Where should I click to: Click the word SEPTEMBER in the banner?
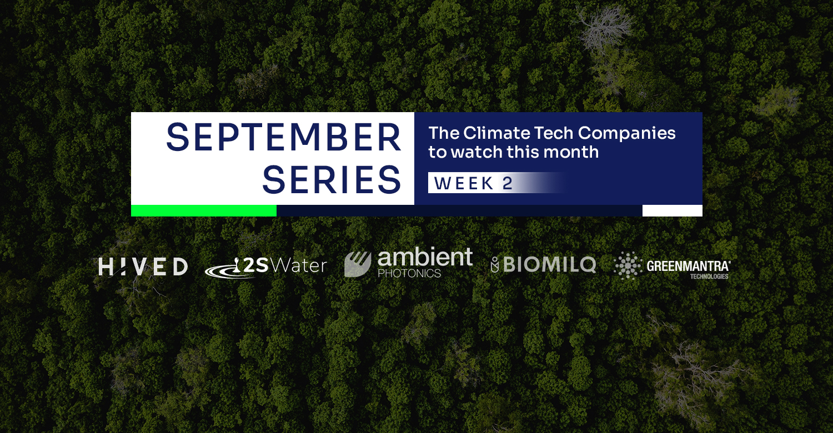click(x=284, y=138)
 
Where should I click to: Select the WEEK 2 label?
click(x=473, y=183)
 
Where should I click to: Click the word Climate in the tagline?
click(x=496, y=133)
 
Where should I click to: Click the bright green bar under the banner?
click(x=204, y=211)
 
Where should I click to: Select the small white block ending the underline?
click(x=673, y=211)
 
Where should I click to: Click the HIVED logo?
click(x=143, y=266)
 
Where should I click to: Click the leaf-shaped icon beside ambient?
click(x=358, y=264)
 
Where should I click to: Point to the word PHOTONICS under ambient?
click(x=409, y=274)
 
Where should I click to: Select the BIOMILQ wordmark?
click(x=550, y=265)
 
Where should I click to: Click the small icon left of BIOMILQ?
click(x=495, y=265)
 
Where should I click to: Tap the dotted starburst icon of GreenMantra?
click(x=628, y=265)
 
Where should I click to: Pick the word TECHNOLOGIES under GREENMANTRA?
click(x=709, y=276)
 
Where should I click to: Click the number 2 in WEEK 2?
click(x=508, y=183)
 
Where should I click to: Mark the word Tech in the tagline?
click(x=553, y=133)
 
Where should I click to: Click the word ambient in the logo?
click(x=425, y=257)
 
